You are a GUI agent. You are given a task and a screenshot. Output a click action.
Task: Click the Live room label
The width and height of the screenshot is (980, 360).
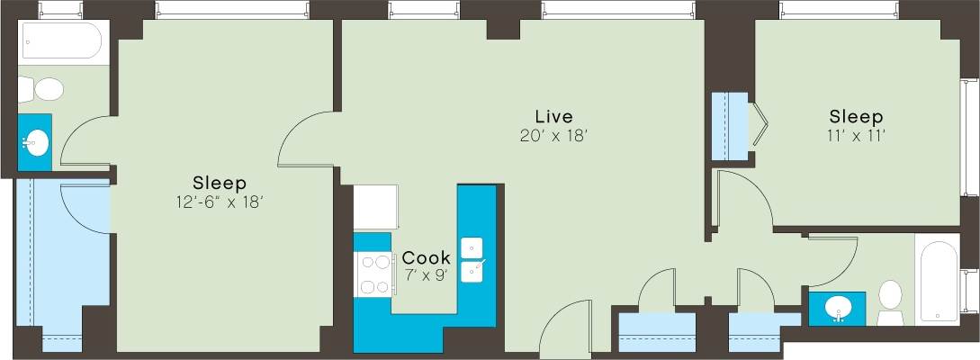click(553, 117)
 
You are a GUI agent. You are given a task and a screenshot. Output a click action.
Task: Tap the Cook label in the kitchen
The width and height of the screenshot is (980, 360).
click(426, 257)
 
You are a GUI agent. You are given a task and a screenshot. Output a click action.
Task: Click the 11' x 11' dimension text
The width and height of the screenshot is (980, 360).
click(856, 137)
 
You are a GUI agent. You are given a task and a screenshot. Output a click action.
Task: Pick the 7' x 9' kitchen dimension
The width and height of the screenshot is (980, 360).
click(426, 275)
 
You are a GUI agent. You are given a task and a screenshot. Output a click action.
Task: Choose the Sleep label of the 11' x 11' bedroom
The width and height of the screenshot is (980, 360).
click(856, 117)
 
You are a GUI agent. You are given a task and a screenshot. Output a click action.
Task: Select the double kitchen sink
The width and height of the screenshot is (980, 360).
click(473, 259)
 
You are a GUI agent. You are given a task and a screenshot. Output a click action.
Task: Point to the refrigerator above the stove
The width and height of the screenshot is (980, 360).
click(375, 207)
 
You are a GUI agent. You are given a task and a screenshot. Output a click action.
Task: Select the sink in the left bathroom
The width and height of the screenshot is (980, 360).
click(37, 142)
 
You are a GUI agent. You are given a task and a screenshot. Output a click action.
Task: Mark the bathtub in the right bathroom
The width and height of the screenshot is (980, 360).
click(939, 279)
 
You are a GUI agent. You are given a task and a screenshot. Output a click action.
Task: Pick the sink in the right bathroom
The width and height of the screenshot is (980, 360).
click(838, 307)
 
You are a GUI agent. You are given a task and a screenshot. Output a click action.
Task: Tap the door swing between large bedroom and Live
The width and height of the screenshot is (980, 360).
click(306, 139)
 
